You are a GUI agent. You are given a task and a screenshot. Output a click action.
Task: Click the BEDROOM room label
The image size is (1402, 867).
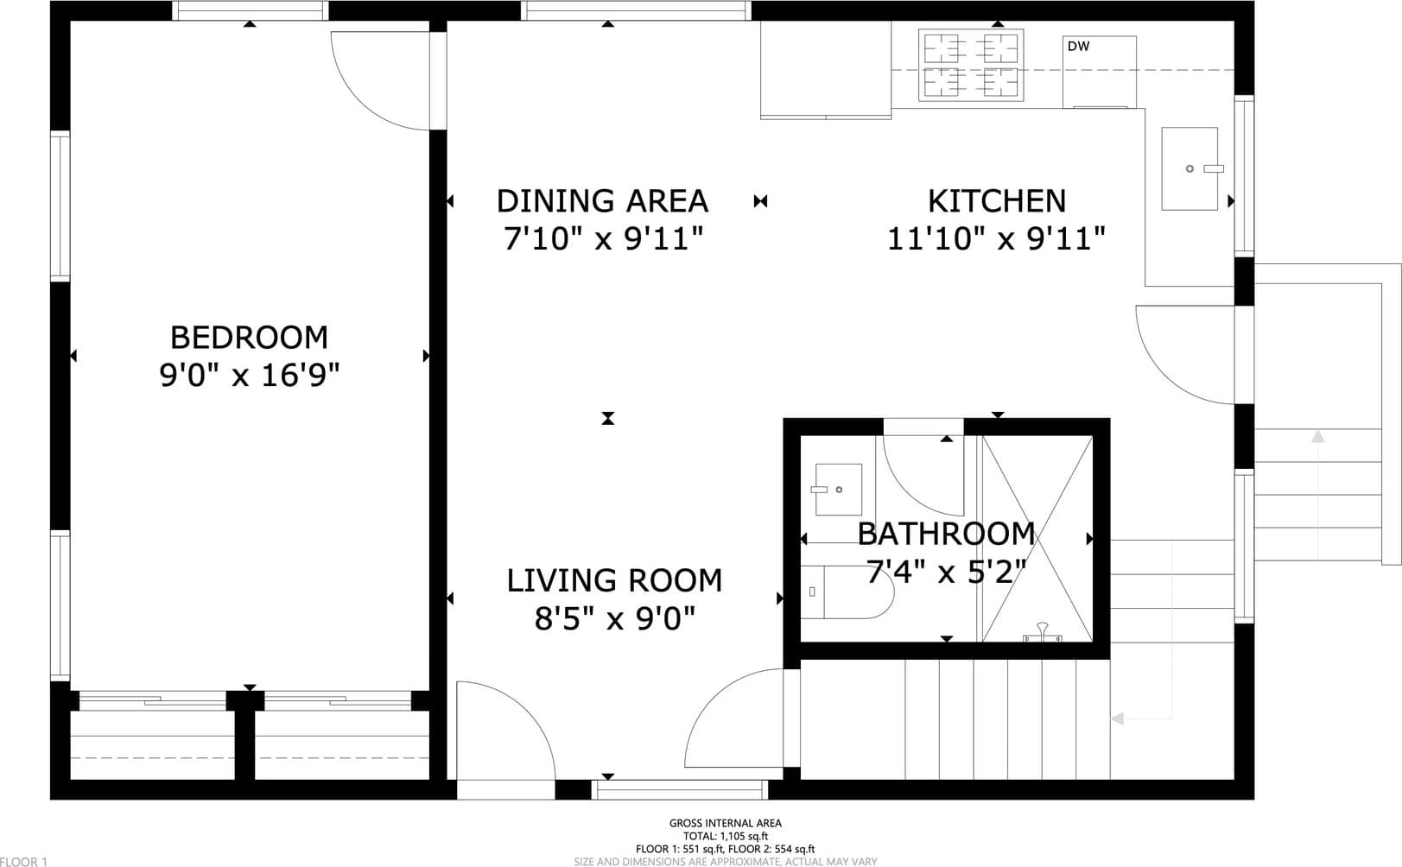click(x=249, y=338)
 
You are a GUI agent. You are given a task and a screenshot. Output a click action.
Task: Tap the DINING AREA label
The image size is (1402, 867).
click(x=602, y=201)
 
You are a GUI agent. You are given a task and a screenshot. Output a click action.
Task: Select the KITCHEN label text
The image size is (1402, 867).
click(x=996, y=201)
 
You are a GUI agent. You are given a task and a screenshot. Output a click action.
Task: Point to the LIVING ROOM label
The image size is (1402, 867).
click(x=614, y=580)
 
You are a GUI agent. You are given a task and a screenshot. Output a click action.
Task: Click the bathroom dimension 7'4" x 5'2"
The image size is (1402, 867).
click(x=946, y=571)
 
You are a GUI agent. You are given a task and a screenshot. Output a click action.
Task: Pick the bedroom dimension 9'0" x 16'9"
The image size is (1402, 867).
click(x=249, y=376)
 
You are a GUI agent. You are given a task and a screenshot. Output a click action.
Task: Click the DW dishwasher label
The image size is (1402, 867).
click(x=1078, y=47)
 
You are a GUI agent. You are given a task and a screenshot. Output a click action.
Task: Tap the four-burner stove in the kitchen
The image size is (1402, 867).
click(x=971, y=65)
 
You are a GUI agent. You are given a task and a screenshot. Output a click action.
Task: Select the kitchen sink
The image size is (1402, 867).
click(x=1189, y=169)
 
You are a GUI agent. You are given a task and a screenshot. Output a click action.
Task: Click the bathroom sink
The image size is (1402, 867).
click(x=839, y=489)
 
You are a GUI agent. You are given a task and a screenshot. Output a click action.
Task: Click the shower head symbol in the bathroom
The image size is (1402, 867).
click(x=1042, y=632)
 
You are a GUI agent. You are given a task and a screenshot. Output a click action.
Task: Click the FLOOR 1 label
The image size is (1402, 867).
click(x=24, y=862)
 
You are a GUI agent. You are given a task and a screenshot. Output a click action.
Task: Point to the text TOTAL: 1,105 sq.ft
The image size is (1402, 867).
click(x=726, y=837)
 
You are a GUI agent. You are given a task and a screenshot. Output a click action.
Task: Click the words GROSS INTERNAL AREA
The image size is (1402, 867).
click(x=726, y=823)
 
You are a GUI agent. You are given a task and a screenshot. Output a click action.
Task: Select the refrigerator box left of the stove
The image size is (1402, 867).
click(x=826, y=69)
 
